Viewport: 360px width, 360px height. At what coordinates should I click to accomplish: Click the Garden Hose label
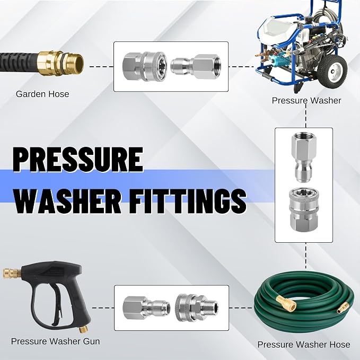pos(42,94)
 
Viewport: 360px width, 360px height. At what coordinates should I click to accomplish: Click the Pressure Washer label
pos(306,101)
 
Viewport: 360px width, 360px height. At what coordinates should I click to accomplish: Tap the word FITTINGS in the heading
pos(187,201)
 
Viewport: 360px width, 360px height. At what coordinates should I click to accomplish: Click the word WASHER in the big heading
pos(68,201)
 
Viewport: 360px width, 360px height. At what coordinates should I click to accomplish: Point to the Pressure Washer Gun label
pos(55,341)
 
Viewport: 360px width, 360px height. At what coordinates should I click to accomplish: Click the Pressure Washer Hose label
pos(304,345)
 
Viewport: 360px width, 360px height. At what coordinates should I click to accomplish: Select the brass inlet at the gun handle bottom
pos(83,329)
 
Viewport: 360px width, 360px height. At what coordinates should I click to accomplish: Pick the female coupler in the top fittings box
pos(144,67)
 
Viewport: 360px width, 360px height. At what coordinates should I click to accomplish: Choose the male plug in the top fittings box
pos(196,67)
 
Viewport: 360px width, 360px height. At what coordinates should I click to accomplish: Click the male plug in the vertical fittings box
pos(304,157)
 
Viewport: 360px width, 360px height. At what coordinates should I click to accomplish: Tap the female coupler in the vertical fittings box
pos(303,209)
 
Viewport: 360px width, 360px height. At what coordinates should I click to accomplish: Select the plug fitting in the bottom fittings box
pos(146,308)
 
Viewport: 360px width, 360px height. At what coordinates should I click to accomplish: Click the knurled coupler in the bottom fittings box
pos(197,308)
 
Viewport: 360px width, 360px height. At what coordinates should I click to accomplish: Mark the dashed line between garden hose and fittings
pos(101,67)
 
